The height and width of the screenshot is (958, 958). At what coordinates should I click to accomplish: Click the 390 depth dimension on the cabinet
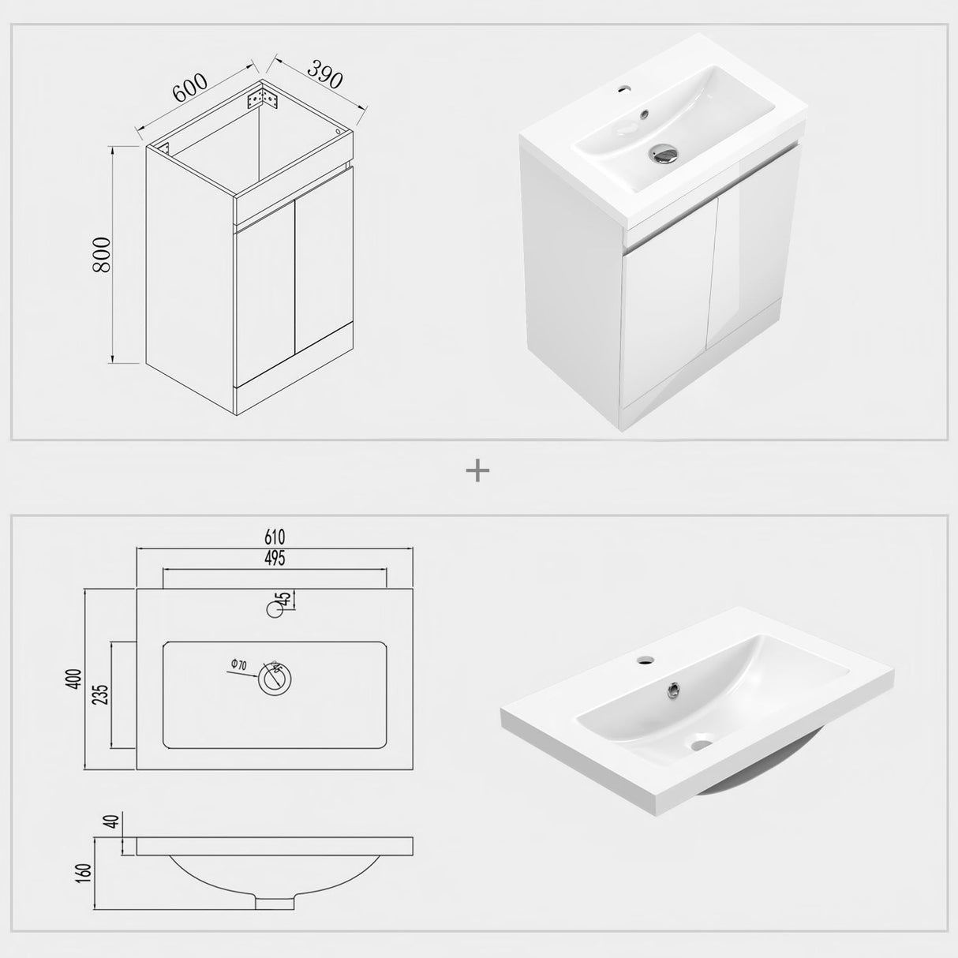(x=324, y=74)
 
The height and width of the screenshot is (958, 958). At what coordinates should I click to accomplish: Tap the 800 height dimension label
(x=102, y=255)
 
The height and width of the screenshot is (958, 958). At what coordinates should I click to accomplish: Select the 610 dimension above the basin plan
(x=275, y=537)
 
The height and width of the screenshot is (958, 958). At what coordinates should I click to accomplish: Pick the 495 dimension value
(x=275, y=559)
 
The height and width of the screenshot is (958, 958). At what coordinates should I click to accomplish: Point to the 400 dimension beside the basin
(x=74, y=679)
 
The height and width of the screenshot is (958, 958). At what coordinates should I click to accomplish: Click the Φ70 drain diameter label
(x=238, y=666)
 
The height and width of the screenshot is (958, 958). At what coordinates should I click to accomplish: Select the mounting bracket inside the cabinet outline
(x=264, y=100)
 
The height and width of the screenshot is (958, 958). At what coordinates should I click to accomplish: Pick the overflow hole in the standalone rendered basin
(x=674, y=692)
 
